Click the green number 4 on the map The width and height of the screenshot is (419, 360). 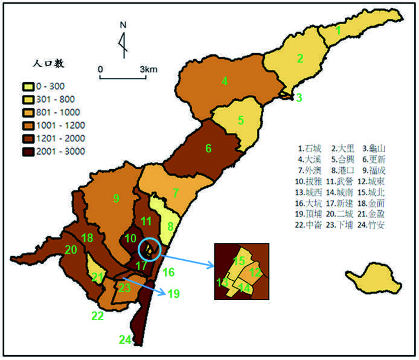(224, 81)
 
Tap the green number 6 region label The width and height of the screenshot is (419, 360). (208, 148)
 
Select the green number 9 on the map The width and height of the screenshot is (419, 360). (116, 198)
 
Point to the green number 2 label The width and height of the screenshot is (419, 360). (299, 59)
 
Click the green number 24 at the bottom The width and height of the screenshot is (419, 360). (125, 340)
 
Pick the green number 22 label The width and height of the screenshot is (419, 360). (97, 315)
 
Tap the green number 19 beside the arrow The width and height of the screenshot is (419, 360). (174, 294)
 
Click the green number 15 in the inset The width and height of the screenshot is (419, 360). (240, 261)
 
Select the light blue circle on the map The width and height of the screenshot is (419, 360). (149, 249)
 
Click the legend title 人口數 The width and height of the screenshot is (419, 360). (50, 62)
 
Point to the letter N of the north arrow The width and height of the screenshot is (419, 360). (123, 25)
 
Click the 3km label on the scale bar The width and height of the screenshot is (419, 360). (149, 69)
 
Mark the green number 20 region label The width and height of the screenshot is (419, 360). (71, 249)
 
